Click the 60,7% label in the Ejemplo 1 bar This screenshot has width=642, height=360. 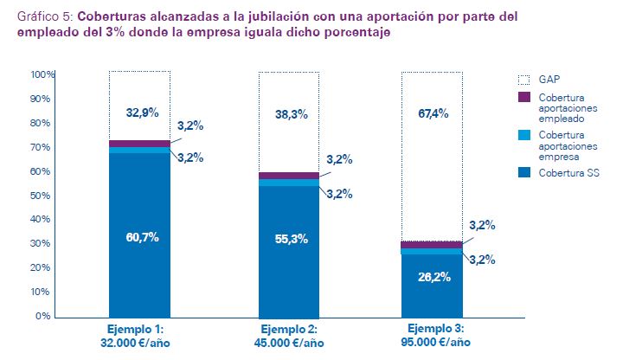[142, 237]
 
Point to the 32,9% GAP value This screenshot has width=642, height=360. [142, 112]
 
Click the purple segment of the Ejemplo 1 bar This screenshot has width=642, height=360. [139, 144]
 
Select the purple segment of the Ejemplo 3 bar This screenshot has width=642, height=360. [430, 245]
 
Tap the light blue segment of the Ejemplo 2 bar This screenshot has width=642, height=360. [289, 183]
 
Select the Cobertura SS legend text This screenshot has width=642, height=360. [568, 174]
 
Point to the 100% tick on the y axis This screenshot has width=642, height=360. [42, 75]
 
